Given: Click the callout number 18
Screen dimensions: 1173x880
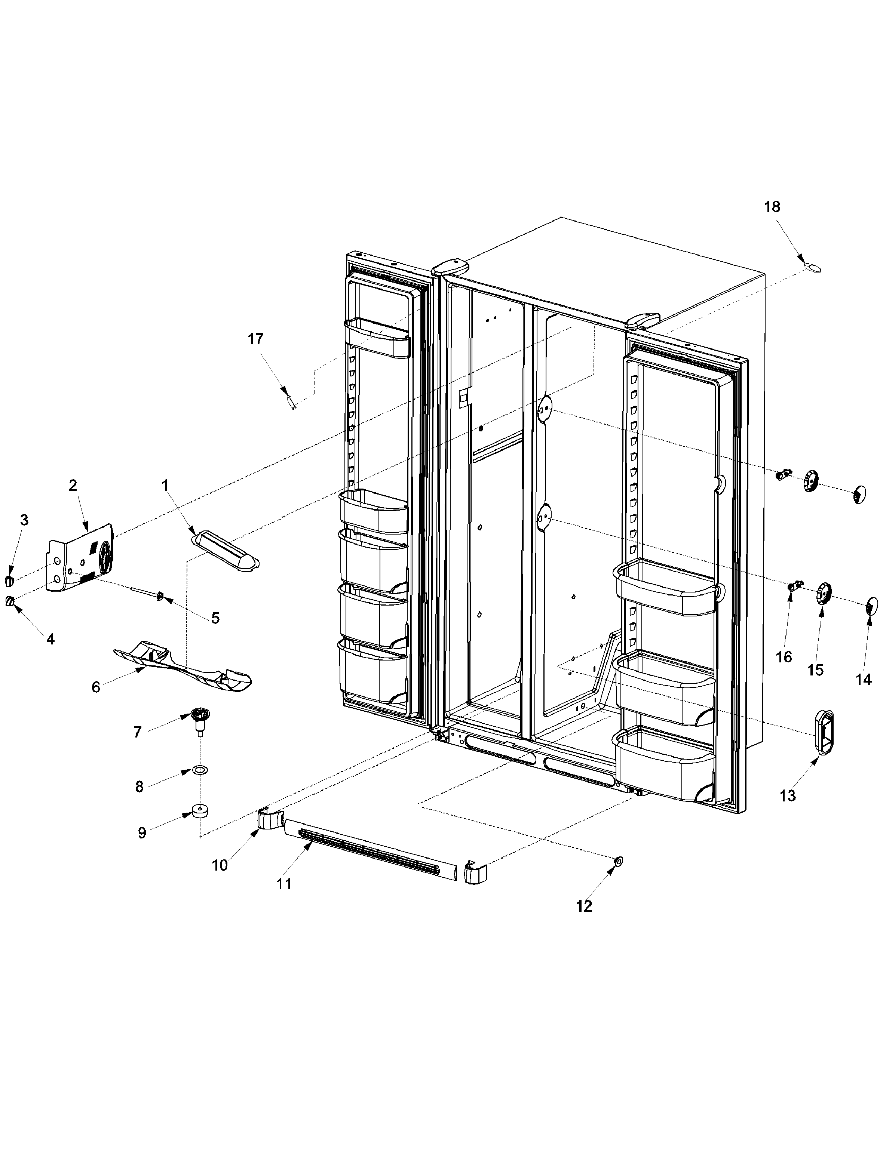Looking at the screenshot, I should point(772,207).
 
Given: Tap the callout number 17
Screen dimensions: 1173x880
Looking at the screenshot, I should point(256,339).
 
